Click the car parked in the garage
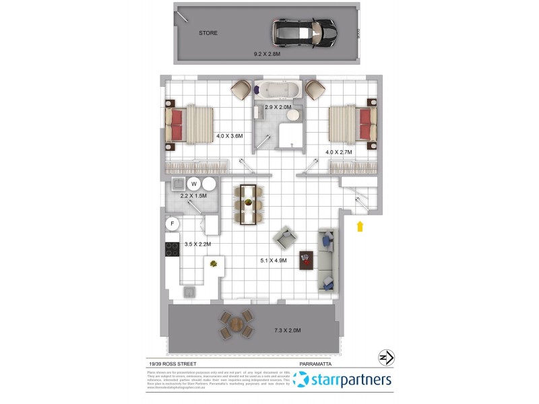point(303,31)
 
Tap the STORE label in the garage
point(208,32)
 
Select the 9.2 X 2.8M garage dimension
point(267,53)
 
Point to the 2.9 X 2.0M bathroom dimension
point(278,107)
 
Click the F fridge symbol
point(172,224)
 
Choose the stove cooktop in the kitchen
point(171,248)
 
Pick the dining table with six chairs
point(248,204)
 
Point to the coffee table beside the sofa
point(307,259)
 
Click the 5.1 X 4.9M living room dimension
point(274,260)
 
